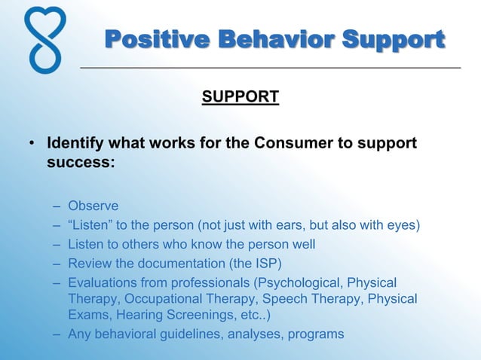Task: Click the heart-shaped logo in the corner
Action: click(x=44, y=39)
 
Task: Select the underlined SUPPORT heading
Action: click(x=240, y=97)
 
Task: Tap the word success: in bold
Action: click(x=81, y=161)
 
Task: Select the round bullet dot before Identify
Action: click(x=31, y=143)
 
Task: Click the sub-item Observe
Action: click(x=93, y=206)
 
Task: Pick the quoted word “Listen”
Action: click(x=93, y=225)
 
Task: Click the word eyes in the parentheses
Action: click(x=399, y=225)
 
